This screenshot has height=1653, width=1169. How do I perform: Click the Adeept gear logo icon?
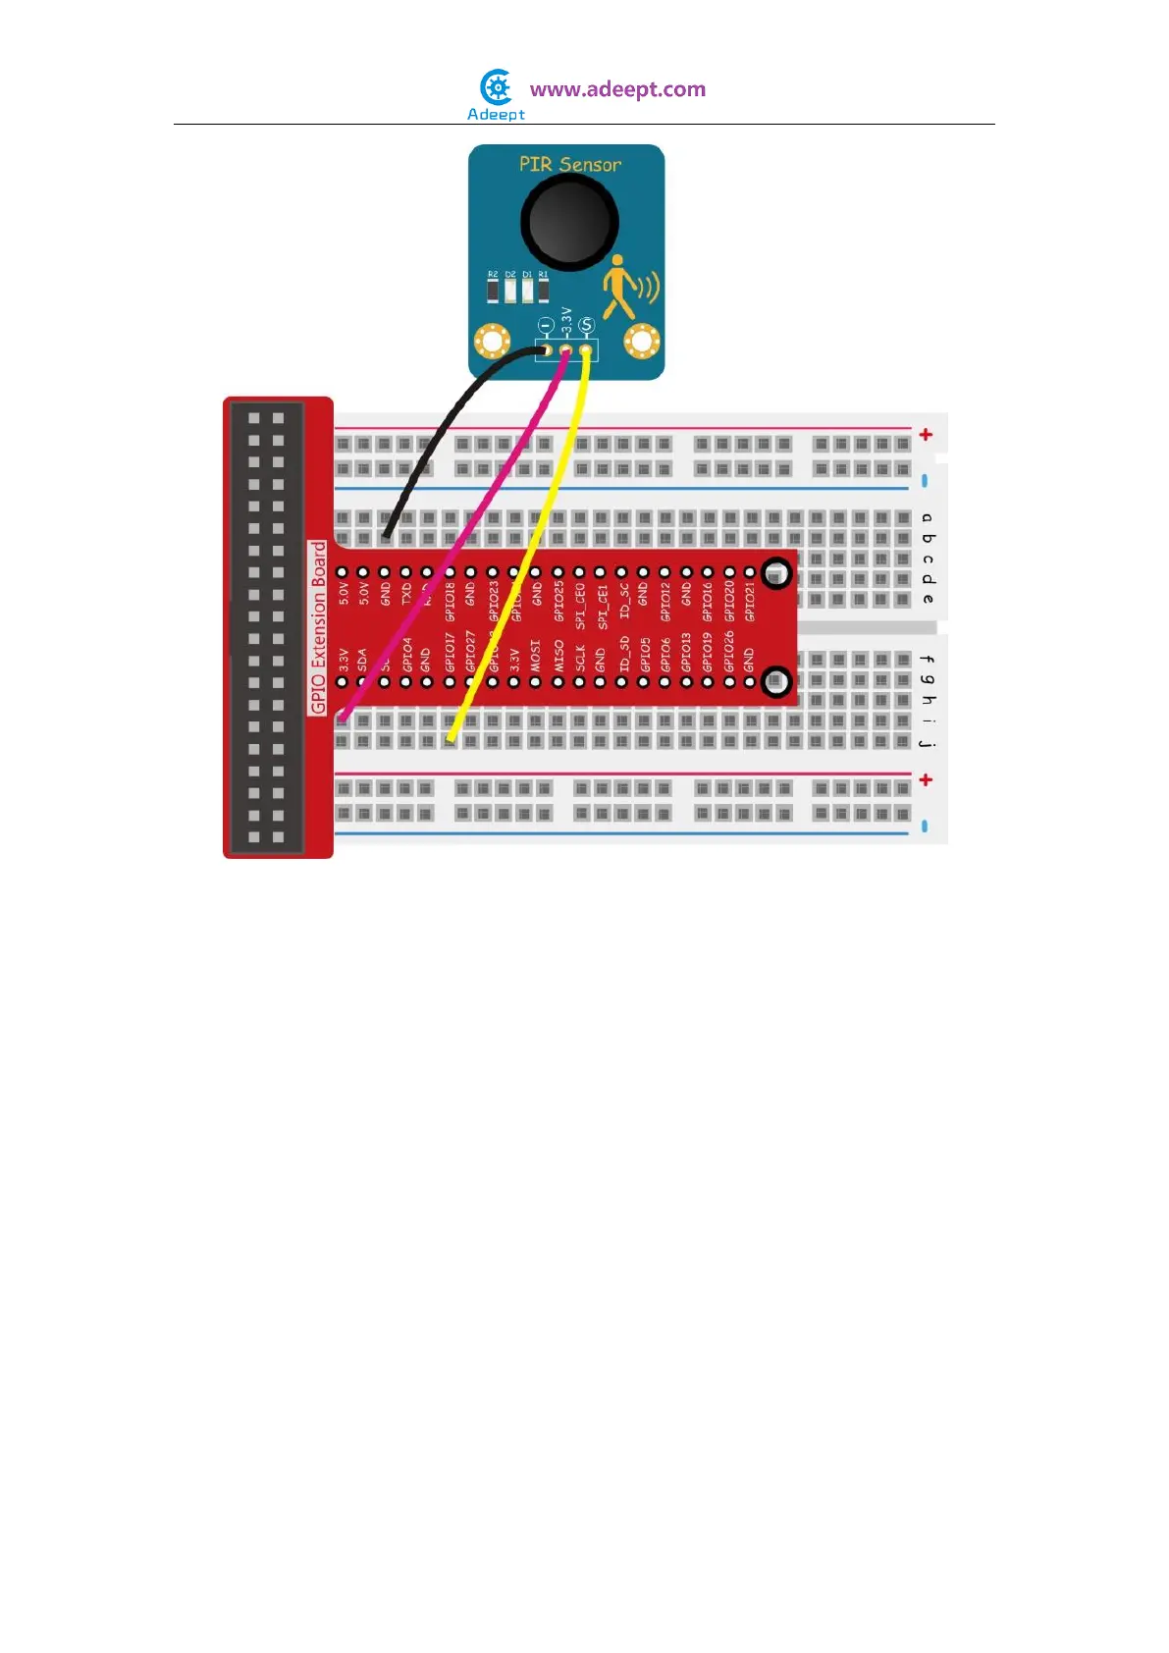[497, 87]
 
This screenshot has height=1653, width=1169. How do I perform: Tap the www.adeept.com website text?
[617, 89]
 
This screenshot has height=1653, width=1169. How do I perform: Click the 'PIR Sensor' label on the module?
[569, 164]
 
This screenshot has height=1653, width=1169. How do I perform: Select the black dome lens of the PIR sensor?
[569, 222]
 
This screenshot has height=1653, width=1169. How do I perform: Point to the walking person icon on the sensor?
[620, 287]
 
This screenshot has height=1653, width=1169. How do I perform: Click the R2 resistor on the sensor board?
[493, 290]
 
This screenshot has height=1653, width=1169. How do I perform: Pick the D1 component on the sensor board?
[527, 290]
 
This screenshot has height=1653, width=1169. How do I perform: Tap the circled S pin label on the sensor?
[586, 325]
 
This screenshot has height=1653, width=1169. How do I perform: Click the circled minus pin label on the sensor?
[546, 325]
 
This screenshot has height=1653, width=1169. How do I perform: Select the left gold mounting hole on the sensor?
[492, 342]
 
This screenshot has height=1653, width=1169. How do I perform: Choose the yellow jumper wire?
[530, 550]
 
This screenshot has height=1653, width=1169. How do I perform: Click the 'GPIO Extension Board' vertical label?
[318, 627]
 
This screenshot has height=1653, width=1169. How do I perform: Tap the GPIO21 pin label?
[750, 602]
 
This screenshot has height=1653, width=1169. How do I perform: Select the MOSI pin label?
[536, 655]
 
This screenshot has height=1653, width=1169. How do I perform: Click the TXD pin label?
[406, 594]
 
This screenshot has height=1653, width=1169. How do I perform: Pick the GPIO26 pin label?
[728, 651]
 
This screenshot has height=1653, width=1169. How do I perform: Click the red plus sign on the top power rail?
[926, 434]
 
